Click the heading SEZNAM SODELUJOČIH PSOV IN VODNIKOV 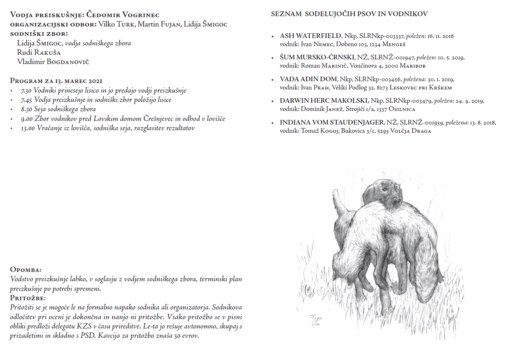pyautogui.click(x=349, y=14)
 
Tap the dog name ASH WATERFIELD pyautogui.click(x=310, y=36)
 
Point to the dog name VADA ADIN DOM pyautogui.click(x=308, y=79)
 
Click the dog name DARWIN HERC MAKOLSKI pyautogui.click(x=324, y=101)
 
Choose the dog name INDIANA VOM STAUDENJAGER pyautogui.click(x=332, y=122)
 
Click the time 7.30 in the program pyautogui.click(x=26, y=91)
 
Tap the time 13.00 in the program pyautogui.click(x=28, y=128)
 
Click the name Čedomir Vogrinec pyautogui.click(x=123, y=15)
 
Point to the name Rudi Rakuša pyautogui.click(x=39, y=52)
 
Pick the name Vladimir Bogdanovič pyautogui.click(x=53, y=62)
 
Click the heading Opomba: pyautogui.click(x=25, y=269)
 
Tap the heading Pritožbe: pyautogui.click(x=28, y=298)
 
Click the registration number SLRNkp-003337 pyautogui.click(x=381, y=36)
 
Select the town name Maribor pyautogui.click(x=413, y=66)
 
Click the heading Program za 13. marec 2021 pyautogui.click(x=56, y=81)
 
